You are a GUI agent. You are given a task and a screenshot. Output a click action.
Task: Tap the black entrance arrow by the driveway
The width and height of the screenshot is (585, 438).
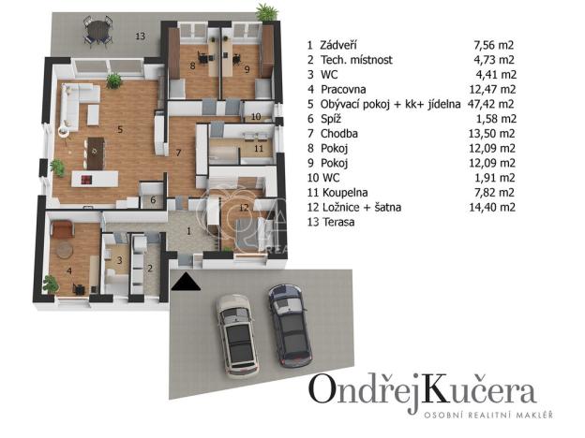pyautogui.click(x=186, y=282)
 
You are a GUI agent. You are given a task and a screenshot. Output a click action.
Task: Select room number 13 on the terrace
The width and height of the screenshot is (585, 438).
pyautogui.click(x=141, y=36)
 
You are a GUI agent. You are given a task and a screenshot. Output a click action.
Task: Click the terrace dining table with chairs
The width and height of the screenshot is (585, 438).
pyautogui.click(x=98, y=31)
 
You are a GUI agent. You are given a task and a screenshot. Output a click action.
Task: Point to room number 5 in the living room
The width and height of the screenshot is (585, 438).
pyautogui.click(x=120, y=129)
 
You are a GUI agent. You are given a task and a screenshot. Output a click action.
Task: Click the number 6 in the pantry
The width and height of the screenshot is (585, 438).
pyautogui.click(x=153, y=200)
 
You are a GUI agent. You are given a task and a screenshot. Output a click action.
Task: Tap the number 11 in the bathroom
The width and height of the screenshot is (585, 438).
pyautogui.click(x=259, y=149)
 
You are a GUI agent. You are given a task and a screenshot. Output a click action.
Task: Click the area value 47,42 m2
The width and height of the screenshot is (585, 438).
pyautogui.click(x=490, y=104)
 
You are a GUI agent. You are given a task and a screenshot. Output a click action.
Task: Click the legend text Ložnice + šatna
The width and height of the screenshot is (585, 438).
pyautogui.click(x=362, y=207)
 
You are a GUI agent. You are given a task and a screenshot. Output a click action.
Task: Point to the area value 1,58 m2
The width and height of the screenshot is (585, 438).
pyautogui.click(x=496, y=119)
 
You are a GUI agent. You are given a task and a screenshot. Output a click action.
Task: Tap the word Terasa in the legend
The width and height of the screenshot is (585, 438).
pyautogui.click(x=337, y=222)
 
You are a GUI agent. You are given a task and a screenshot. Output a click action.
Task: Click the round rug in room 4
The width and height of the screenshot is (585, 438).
pyautogui.click(x=65, y=250)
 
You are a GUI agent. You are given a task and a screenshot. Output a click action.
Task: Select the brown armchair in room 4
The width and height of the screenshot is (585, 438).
pyautogui.click(x=62, y=228)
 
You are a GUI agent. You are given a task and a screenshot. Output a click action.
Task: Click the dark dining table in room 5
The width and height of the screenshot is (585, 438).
pyautogui.click(x=96, y=153)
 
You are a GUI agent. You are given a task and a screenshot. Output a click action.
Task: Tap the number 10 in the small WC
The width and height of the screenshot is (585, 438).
pyautogui.click(x=256, y=117)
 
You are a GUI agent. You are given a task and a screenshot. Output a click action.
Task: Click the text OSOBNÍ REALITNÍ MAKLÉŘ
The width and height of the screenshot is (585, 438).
pyautogui.click(x=488, y=415)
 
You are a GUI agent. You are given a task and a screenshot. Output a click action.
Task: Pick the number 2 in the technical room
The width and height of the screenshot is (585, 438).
pyautogui.click(x=150, y=269)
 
